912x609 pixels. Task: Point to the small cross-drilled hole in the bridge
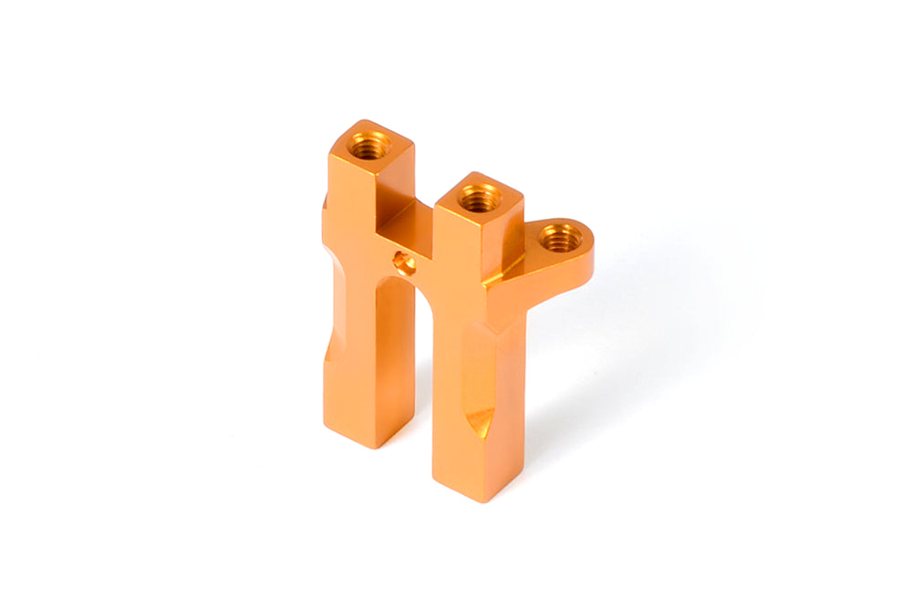pos(402,263)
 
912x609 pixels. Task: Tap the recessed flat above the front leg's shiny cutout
pos(474,365)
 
